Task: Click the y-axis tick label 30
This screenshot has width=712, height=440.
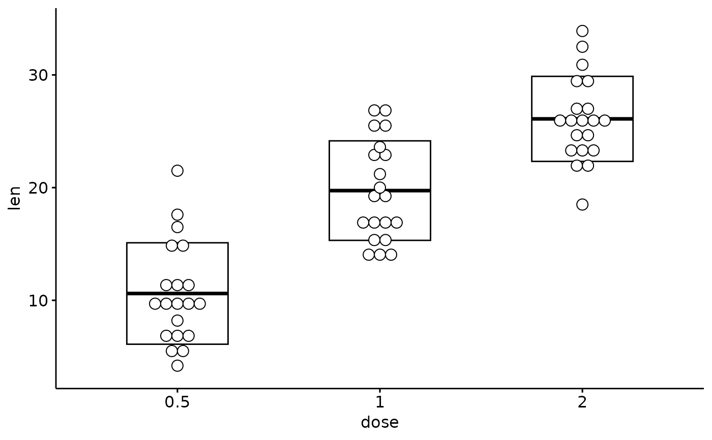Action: point(38,76)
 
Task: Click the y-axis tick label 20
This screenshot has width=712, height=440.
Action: point(38,188)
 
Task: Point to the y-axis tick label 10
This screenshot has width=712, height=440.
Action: point(38,301)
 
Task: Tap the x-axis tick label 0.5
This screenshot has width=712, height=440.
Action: point(177,402)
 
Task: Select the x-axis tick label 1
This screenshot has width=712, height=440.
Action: point(380,402)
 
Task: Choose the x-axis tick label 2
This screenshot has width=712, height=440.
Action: point(582,402)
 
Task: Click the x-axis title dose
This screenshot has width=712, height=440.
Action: point(379,423)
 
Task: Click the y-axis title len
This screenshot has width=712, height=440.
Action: point(14,198)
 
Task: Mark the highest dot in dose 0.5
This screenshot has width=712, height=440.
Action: point(177,171)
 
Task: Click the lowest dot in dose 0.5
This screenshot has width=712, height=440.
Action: point(177,366)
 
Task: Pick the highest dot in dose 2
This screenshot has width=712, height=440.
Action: point(582,31)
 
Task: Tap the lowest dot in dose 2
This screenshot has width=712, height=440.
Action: point(582,204)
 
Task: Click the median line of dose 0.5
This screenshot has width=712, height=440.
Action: point(177,293)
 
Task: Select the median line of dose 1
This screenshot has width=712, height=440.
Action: point(380,191)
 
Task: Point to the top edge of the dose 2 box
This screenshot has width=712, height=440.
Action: point(582,77)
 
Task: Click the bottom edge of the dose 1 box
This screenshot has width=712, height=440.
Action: point(380,240)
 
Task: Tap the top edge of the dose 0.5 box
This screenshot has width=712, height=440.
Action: point(177,243)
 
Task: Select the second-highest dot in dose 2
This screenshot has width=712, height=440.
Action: point(582,47)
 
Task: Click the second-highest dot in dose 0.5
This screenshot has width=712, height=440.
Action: point(177,215)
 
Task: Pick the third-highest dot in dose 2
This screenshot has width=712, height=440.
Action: point(582,65)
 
